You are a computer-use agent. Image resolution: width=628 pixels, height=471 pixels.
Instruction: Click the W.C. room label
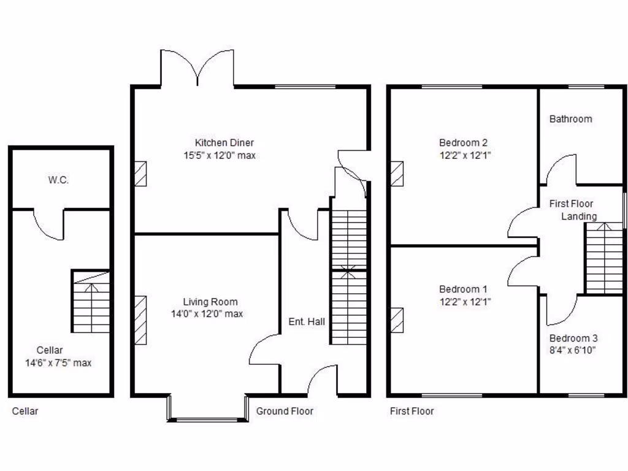click(x=58, y=180)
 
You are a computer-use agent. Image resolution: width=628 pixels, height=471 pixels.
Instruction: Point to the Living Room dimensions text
click(x=207, y=314)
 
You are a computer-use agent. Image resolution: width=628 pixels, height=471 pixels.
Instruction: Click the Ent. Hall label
click(x=307, y=321)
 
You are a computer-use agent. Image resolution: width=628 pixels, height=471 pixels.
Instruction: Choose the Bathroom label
click(x=570, y=119)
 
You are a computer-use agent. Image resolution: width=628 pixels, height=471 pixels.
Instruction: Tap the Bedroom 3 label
click(x=573, y=338)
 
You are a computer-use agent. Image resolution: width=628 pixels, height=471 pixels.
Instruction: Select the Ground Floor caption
click(x=285, y=411)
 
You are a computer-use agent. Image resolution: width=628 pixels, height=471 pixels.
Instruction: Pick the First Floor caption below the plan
click(x=412, y=411)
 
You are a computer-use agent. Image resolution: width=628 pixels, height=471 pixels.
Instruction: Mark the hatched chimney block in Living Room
click(x=140, y=320)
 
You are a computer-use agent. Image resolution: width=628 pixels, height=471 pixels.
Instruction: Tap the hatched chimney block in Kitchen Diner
click(x=140, y=173)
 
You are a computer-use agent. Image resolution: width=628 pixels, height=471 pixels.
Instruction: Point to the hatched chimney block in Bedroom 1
click(x=397, y=320)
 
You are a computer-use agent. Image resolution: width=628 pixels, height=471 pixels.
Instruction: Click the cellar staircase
click(x=91, y=301)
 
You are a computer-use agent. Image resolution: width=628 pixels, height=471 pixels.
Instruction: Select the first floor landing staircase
click(x=604, y=258)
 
